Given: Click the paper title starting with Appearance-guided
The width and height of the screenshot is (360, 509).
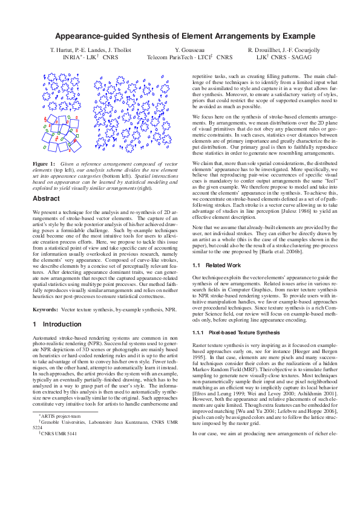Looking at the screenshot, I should tap(180, 37).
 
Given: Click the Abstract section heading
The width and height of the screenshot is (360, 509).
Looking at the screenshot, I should tap(46, 199).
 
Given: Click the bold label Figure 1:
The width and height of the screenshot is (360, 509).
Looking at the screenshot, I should tap(44, 164).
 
